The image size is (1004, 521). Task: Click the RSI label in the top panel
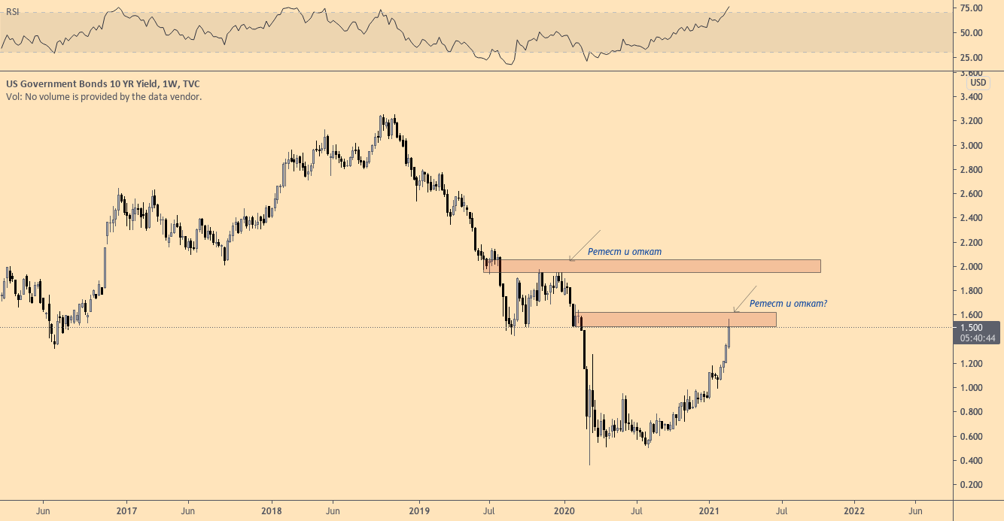coord(13,12)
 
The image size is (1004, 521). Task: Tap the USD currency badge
coord(978,83)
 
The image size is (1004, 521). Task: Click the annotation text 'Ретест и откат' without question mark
coord(625,251)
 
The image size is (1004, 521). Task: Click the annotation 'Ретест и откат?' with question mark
coord(789,304)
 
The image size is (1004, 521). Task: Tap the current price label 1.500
coord(972,327)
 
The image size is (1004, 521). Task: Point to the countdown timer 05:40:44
coord(976,338)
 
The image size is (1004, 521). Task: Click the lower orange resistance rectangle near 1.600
coord(677,320)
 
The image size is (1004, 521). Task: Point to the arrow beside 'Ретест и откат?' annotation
coord(744,298)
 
